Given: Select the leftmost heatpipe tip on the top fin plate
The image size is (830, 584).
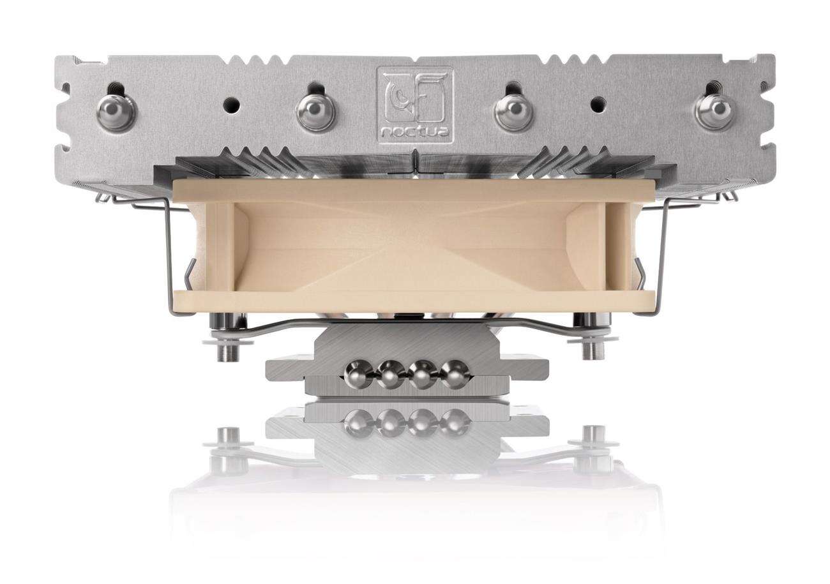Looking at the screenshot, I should coord(116,112).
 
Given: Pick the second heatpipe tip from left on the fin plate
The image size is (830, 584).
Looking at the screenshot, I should coord(315,112).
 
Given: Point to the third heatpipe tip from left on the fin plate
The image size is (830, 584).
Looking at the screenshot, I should coord(513,112).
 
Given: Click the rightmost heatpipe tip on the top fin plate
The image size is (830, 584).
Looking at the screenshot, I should coord(714,112).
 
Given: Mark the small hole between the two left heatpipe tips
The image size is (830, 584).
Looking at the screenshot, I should coord(227,101).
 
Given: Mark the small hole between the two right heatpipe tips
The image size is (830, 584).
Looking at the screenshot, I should coord(598,101).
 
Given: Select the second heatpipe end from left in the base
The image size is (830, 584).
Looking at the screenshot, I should coord(391,374).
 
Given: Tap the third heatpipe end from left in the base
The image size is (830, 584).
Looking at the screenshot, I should coord(423,374).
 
